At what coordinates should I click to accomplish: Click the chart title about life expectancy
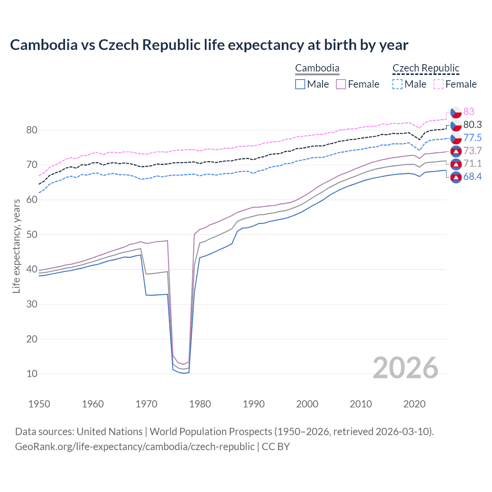coord(209,45)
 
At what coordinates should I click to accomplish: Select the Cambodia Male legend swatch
coord(300,84)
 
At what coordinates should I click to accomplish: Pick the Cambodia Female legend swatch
coord(341,84)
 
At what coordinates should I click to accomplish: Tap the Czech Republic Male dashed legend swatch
coord(397,84)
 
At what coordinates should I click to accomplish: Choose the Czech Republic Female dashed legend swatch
coord(439,84)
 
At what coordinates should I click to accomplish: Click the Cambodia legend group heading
coord(317,68)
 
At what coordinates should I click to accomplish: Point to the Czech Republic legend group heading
coord(426,68)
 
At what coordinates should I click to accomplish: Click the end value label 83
coord(469,111)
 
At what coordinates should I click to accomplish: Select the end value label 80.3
coord(472,125)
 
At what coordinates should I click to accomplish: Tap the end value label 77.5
coord(472,138)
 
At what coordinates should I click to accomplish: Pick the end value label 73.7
coord(472,151)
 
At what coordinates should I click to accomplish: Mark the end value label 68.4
coord(472,177)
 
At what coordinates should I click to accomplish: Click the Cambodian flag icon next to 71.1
coord(456,164)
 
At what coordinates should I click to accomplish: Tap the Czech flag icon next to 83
coord(456,112)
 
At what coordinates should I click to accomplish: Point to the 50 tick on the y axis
coord(32,234)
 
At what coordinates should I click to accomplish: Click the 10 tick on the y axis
coord(32,374)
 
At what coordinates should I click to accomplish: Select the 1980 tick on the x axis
coord(200,404)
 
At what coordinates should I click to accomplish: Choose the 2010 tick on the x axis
coord(361,404)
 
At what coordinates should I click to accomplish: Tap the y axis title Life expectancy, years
coord(16,246)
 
